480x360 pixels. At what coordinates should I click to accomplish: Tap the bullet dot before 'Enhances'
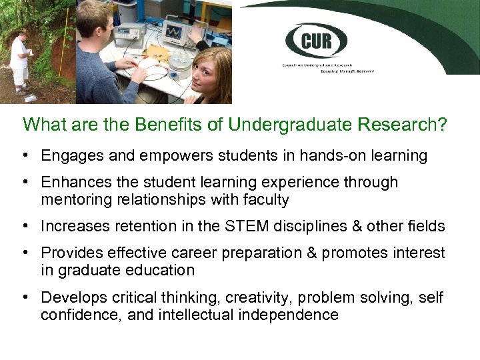(x=25, y=183)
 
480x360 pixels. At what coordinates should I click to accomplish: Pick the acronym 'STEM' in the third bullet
(x=251, y=227)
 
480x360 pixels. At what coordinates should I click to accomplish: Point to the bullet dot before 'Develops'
(x=25, y=297)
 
